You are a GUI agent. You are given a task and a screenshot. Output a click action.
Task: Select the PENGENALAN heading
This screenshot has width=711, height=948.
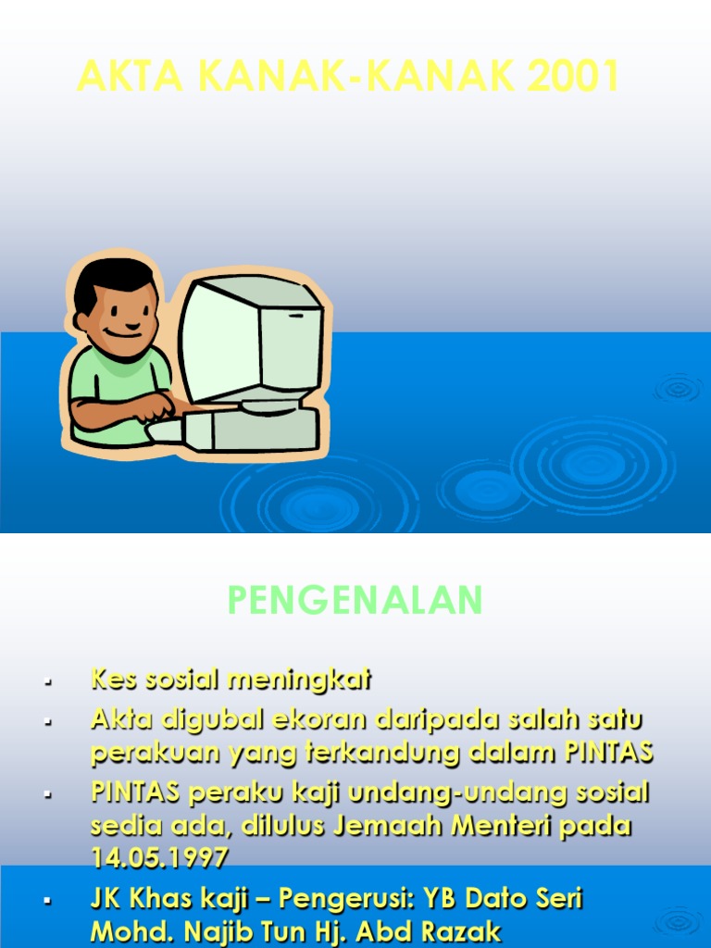[x=355, y=601]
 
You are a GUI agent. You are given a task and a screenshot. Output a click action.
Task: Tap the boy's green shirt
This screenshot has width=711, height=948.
[x=111, y=380]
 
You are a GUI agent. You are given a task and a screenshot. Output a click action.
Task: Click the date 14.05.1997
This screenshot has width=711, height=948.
[x=159, y=857]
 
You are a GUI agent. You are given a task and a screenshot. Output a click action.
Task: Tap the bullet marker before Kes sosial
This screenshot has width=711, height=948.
[x=46, y=682]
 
